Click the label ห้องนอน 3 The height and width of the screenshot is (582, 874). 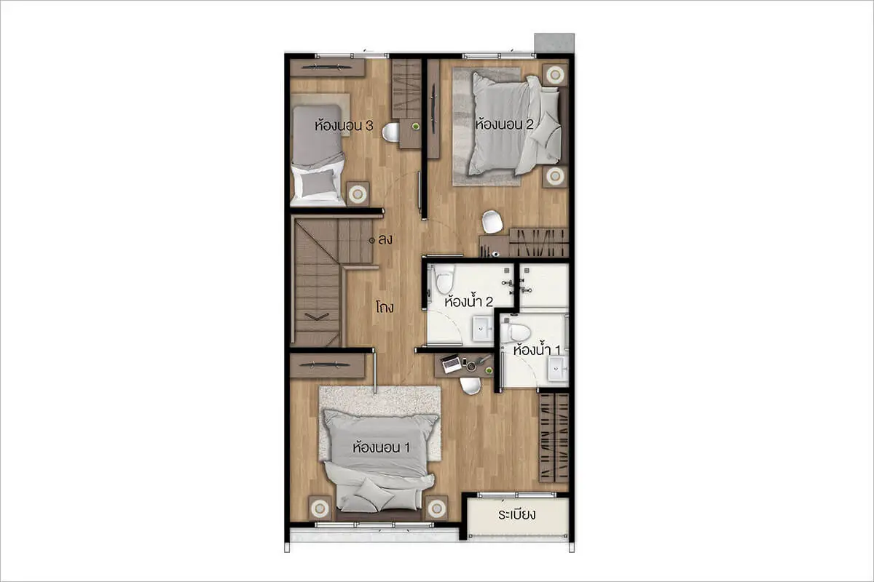click(x=344, y=125)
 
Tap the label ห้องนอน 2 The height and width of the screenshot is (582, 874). click(x=504, y=124)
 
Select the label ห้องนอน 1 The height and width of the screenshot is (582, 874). click(x=381, y=447)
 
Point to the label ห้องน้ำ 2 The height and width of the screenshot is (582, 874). click(x=468, y=301)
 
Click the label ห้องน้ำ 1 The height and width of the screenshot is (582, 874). click(x=537, y=350)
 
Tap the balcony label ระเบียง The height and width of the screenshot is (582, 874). click(x=516, y=514)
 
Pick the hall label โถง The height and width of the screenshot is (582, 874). click(x=385, y=307)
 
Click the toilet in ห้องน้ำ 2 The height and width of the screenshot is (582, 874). click(x=445, y=279)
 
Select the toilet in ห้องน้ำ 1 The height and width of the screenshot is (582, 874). click(x=516, y=332)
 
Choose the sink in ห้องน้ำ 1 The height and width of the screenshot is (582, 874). click(x=557, y=369)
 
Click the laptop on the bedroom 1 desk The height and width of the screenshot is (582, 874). click(x=451, y=363)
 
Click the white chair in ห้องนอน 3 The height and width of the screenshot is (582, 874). click(x=390, y=132)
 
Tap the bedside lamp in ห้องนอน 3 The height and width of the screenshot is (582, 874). click(x=358, y=194)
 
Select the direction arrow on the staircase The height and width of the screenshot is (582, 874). click(x=316, y=316)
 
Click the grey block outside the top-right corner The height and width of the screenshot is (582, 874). click(x=554, y=43)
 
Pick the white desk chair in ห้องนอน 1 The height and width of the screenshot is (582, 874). click(x=471, y=386)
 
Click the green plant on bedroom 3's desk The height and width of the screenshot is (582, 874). click(x=416, y=127)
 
